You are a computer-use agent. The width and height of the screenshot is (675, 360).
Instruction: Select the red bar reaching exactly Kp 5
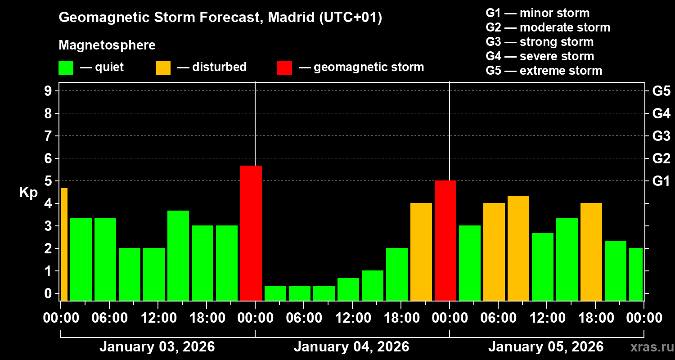coord(445,240)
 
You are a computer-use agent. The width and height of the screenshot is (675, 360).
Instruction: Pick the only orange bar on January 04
coord(421,252)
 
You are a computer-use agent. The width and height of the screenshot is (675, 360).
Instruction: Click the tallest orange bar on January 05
coord(518,248)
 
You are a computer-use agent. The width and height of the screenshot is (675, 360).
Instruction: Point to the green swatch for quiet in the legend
coord(66,68)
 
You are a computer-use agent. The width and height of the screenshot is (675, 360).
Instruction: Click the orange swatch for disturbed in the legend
coord(163,68)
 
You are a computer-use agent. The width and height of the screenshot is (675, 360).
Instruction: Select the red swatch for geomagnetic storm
coord(284,68)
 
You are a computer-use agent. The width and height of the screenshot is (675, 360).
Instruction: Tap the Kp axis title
coord(28,193)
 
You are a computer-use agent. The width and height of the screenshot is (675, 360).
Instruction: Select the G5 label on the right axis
coord(661,91)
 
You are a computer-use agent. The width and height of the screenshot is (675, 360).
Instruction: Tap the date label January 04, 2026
coord(351,347)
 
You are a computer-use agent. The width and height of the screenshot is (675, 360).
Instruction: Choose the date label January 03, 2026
coord(157,347)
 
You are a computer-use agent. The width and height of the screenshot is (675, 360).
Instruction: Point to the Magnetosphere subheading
coord(107,45)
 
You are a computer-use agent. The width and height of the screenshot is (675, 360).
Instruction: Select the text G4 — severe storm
coord(540,56)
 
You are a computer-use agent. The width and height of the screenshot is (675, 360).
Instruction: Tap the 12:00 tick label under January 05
coord(546,318)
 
